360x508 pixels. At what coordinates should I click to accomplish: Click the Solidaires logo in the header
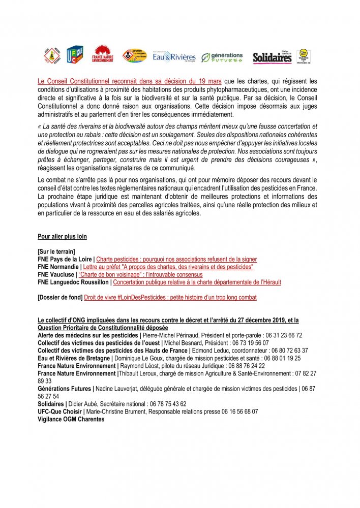tap(273, 57)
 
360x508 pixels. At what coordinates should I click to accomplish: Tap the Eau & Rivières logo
tap(174, 57)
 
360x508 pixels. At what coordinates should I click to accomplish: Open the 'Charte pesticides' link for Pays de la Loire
tap(176, 259)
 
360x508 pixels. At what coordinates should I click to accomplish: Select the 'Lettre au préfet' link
tap(168, 267)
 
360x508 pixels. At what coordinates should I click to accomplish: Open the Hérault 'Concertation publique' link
tap(197, 282)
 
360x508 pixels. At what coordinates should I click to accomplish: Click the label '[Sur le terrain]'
tap(56, 251)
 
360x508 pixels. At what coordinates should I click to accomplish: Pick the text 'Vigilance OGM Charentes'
tap(71, 420)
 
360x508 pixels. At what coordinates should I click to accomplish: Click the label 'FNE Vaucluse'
tap(56, 274)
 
